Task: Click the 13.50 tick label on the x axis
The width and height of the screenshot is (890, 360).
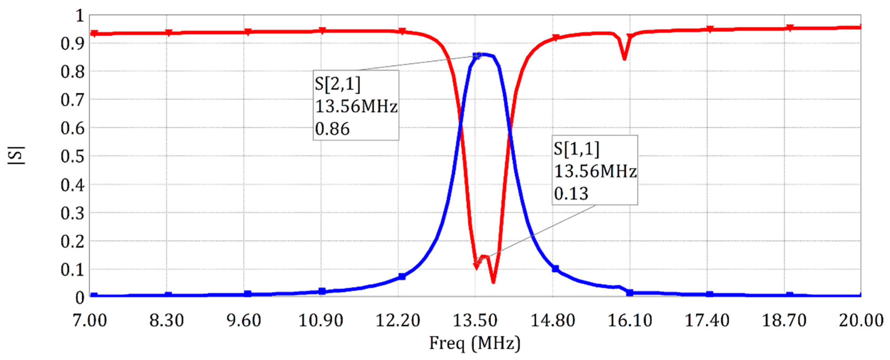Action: (x=475, y=321)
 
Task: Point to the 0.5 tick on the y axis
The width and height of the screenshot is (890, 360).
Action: (x=72, y=157)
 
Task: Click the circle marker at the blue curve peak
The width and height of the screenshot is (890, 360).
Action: (x=479, y=55)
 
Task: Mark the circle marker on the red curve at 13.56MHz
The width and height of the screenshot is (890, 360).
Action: (x=479, y=261)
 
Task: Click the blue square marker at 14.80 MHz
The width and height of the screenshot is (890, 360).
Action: (x=555, y=269)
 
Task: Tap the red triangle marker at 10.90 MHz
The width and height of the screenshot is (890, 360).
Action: (x=322, y=31)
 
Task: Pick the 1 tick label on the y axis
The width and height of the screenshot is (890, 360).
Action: (x=80, y=16)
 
